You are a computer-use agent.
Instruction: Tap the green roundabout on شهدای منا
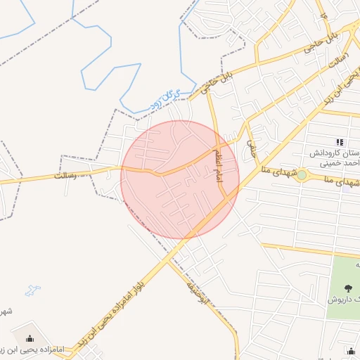click(x=302, y=174)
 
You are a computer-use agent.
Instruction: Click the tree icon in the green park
click(x=349, y=288)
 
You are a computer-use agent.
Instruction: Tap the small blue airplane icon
click(x=32, y=290)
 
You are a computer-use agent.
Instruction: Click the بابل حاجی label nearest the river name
click(x=214, y=82)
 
